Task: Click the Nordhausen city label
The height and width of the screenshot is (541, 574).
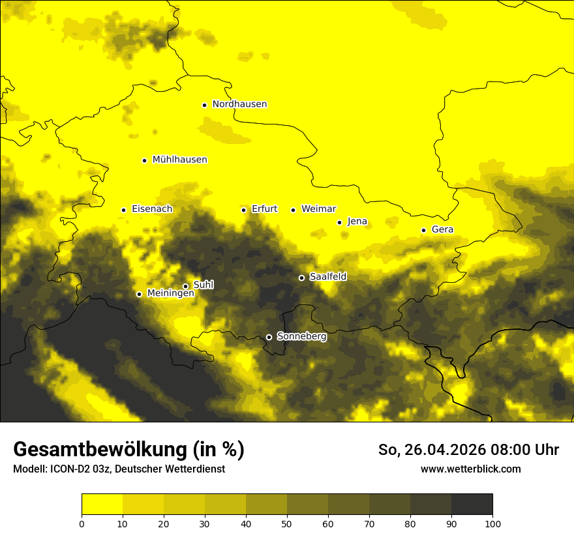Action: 239,104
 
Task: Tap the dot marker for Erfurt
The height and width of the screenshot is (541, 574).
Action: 243,210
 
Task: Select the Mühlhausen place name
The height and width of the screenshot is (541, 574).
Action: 179,160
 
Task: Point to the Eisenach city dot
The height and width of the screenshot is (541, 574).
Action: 123,210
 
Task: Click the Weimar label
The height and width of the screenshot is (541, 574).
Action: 318,209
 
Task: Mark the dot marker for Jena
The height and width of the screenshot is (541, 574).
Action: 339,222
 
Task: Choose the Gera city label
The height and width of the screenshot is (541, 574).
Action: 442,229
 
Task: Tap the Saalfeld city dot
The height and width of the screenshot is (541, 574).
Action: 301,278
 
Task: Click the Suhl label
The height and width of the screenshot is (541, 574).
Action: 204,285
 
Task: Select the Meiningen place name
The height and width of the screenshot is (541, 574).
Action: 170,293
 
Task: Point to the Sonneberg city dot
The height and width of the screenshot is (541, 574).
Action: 269,337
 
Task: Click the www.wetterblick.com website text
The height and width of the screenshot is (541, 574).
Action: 470,469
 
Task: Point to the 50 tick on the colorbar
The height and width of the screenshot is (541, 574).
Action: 287,523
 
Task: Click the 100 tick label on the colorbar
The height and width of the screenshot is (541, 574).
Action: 492,523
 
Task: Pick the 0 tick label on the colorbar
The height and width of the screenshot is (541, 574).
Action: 82,523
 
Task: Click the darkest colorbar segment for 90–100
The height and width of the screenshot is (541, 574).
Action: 472,504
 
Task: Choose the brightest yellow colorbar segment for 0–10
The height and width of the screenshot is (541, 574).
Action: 102,504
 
